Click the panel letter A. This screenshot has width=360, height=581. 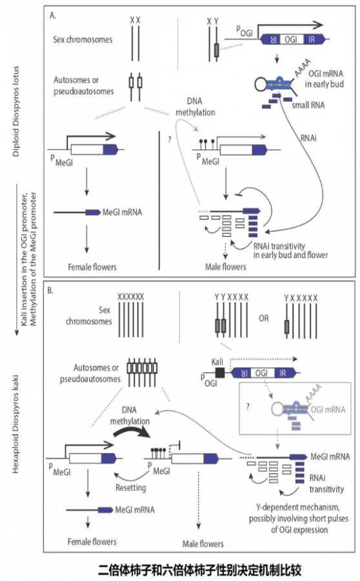point(53,15)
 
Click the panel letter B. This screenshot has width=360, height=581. point(50,290)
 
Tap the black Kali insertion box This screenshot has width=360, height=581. point(220,372)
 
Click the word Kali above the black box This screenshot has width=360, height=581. point(217,362)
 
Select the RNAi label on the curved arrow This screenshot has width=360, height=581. point(308,138)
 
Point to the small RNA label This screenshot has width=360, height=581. point(308,105)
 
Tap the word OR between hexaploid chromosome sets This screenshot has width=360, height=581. point(264,318)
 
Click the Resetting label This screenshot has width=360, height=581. point(131,487)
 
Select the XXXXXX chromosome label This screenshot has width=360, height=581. point(131,296)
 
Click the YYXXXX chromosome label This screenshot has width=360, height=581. point(232,297)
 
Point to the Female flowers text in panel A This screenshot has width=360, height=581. point(92,267)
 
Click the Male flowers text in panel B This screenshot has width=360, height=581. point(203,544)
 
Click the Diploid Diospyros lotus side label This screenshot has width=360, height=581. point(15,111)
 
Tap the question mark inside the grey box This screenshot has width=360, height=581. point(248,406)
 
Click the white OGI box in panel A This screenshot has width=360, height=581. point(291,39)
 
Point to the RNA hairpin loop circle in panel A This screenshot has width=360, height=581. point(261,85)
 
